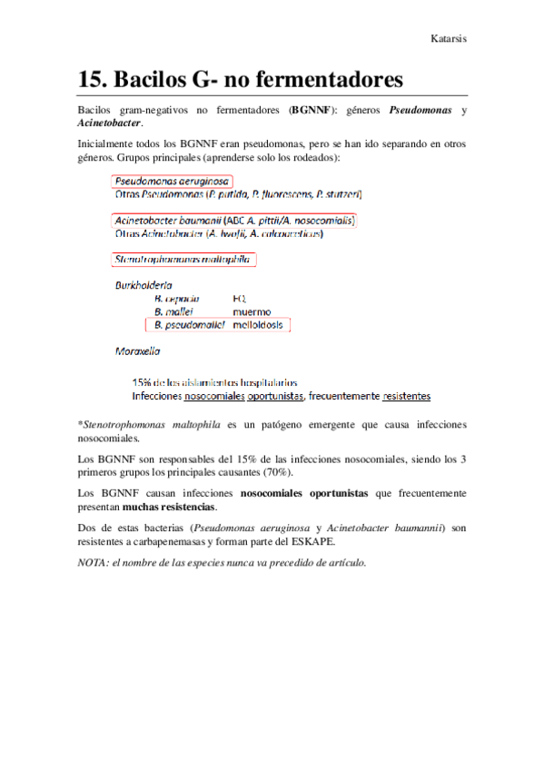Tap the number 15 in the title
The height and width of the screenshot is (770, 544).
pos(92,78)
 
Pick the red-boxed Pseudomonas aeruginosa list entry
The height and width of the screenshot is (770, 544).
pos(172,181)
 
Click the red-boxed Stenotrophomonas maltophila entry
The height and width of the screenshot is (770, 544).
pos(184,260)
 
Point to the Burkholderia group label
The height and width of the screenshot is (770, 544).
pos(143,284)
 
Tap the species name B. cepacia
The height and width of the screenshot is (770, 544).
pos(178,297)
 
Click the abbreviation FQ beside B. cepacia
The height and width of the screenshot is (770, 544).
pos(239,297)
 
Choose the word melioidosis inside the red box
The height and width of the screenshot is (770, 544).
pos(260,323)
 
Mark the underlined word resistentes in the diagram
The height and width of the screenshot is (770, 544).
pos(406,397)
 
